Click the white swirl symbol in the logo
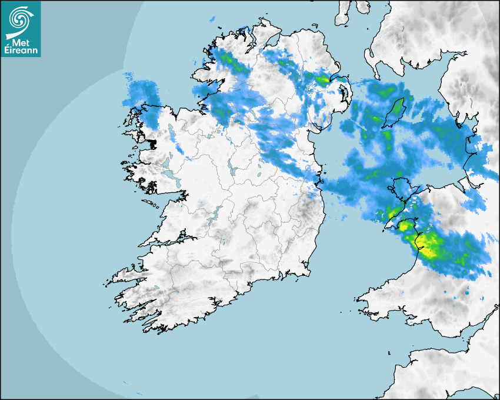20,18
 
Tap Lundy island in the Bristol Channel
389,352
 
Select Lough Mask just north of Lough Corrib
166,159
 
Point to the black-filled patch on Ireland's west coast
152,142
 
